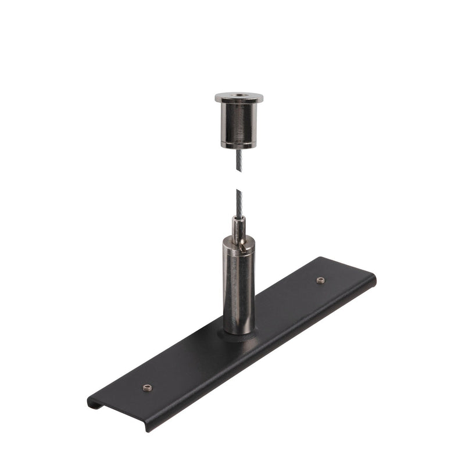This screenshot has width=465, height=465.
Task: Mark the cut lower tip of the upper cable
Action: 238,170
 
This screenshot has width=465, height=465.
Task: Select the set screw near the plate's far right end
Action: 320,280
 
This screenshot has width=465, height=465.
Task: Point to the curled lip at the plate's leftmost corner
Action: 92,402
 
